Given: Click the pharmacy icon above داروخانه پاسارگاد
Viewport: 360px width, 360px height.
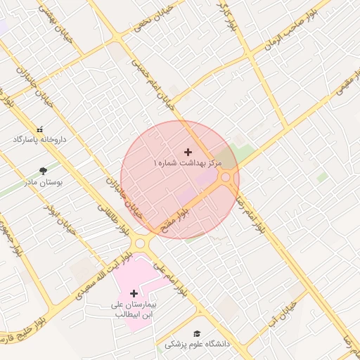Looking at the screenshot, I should click(39, 129).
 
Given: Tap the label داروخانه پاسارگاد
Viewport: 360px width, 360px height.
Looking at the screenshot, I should click(39, 139).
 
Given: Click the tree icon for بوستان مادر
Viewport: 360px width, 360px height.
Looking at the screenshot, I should click(44, 170).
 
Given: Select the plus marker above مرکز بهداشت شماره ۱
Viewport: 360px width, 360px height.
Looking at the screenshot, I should click(188, 152).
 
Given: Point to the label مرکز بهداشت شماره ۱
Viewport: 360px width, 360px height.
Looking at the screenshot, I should click(188, 162).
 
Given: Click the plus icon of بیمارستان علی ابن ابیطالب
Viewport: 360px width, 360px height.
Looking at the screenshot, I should click(134, 293).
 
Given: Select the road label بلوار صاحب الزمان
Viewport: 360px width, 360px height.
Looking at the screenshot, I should click(288, 33).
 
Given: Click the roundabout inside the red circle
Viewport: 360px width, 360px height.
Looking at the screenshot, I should click(226, 179).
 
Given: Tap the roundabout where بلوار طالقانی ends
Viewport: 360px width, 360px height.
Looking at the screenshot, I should click(141, 244).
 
